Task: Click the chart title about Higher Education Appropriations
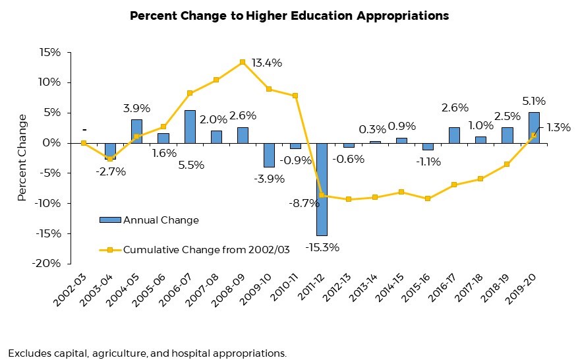[x=289, y=16]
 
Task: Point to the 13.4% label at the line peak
[x=267, y=63]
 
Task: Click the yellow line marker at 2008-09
[x=243, y=62]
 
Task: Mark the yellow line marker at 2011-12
[x=322, y=195]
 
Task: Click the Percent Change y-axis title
[x=22, y=157]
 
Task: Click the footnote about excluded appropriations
[x=147, y=353]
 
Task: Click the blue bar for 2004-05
[x=136, y=131]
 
